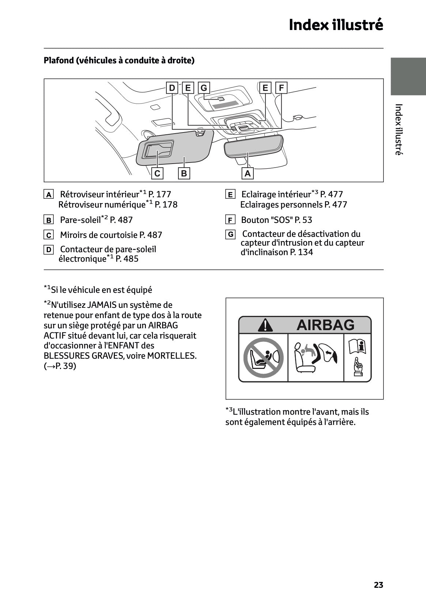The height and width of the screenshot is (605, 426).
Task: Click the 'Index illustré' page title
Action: pos(336,25)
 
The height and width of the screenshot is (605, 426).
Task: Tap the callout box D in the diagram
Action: pos(172,88)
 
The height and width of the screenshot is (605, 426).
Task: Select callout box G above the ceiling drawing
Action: pos(204,88)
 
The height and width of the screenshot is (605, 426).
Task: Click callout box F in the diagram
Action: pos(281,88)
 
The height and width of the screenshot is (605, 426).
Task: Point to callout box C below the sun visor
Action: pos(157,173)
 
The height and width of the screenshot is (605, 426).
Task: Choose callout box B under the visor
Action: pos(184,173)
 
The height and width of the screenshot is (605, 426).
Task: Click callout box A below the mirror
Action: pos(248,173)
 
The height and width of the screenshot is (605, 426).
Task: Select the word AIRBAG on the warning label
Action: pos(325,325)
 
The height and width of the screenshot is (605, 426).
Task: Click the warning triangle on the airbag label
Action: pos(265,325)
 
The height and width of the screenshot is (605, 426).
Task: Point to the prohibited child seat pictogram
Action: pos(263,358)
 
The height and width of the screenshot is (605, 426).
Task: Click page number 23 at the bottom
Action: pos(378,585)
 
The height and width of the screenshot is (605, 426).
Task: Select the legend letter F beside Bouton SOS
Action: pos(230,220)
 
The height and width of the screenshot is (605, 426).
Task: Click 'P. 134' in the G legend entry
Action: pos(301,252)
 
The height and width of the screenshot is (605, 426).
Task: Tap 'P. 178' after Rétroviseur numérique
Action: pos(166,205)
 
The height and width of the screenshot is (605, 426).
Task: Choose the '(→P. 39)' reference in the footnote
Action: pos(60,366)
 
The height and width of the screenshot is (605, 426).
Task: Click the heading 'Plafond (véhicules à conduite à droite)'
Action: pos(119,60)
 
